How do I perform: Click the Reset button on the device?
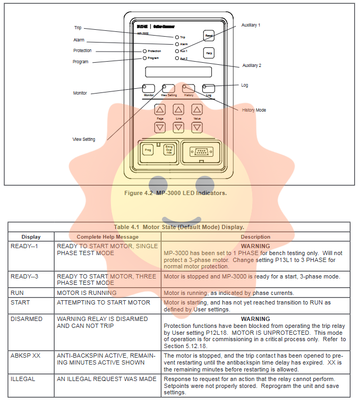pyautogui.click(x=209, y=35)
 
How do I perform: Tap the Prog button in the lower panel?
pyautogui.click(x=148, y=150)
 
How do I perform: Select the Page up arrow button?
pyautogui.click(x=160, y=109)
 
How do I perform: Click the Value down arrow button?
pyautogui.click(x=197, y=128)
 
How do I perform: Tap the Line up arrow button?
pyautogui.click(x=178, y=109)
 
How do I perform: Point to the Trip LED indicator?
pyautogui.click(x=177, y=37)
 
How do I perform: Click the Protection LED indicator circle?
pyautogui.click(x=144, y=51)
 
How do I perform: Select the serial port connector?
pyautogui.click(x=201, y=150)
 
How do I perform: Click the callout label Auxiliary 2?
pyautogui.click(x=251, y=65)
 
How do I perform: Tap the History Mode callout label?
pyautogui.click(x=254, y=110)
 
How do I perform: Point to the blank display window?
pyautogui.click(x=178, y=72)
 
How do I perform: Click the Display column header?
pyautogui.click(x=31, y=236)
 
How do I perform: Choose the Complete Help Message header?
pyautogui.click(x=107, y=236)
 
